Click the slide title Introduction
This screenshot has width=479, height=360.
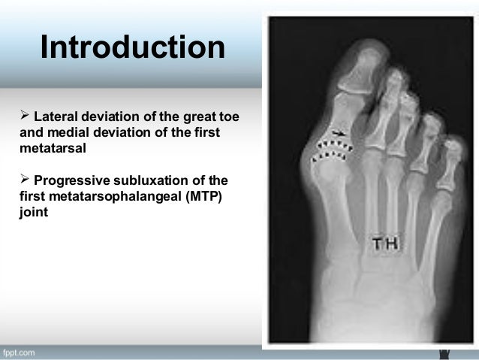(132, 48)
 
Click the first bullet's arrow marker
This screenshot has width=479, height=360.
(22, 117)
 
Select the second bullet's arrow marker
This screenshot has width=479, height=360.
(22, 180)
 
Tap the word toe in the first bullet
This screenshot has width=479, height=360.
(227, 117)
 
